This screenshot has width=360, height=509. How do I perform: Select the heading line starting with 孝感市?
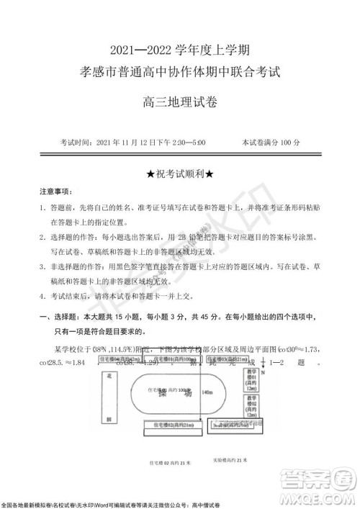tap(180, 73)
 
